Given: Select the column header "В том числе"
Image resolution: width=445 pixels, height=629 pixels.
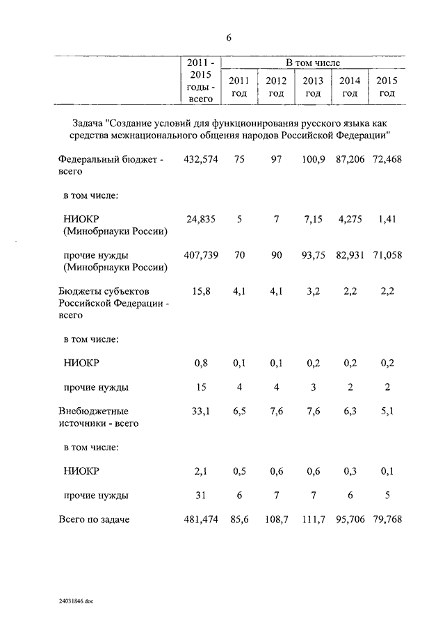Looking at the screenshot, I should (313, 63).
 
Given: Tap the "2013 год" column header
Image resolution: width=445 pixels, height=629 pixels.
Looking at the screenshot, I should (313, 87).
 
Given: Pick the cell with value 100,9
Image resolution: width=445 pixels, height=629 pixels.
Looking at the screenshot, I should (313, 160).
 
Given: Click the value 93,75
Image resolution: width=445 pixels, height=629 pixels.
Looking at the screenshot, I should (313, 255).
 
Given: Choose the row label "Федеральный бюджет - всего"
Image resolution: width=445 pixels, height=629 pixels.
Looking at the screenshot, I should (111, 165).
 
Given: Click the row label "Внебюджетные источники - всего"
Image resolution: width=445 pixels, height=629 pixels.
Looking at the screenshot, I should (98, 416).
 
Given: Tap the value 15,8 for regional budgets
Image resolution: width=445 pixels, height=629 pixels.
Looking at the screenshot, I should (201, 291).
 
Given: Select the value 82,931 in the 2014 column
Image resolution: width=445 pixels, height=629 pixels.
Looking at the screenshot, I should (350, 255).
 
